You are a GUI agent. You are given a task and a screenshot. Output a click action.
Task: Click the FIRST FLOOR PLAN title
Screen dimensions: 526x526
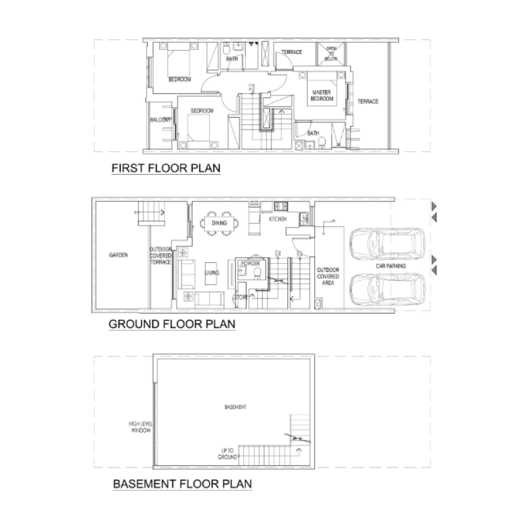[166, 169]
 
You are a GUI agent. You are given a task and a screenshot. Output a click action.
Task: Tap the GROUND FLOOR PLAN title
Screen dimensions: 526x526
[172, 324]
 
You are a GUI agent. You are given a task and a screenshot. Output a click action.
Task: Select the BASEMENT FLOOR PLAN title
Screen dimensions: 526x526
[183, 485]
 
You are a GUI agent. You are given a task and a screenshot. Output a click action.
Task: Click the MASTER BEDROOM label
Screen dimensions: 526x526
[322, 96]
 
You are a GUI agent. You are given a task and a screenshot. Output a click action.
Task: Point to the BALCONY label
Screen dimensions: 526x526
[160, 120]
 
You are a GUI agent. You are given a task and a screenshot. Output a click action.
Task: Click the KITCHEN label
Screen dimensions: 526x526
[277, 218]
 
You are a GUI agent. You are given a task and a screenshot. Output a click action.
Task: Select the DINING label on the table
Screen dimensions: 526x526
[219, 223]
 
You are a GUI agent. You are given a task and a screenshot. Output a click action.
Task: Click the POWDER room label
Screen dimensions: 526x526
[251, 263]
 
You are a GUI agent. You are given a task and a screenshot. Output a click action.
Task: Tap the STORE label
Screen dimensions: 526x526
[241, 297]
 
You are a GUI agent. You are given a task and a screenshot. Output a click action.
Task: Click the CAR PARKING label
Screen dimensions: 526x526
[391, 266]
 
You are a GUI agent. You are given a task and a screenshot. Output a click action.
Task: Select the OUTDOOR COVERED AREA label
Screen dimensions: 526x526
[327, 276]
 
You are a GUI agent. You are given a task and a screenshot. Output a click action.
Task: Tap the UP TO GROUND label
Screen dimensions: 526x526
[228, 453]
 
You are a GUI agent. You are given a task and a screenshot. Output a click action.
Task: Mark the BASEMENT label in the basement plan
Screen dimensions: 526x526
[236, 407]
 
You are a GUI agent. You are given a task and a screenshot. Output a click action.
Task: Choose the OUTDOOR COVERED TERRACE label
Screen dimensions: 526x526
[160, 256]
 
